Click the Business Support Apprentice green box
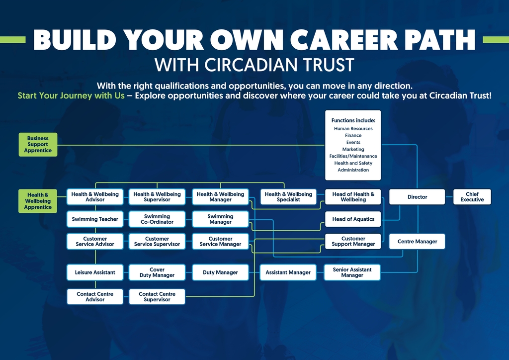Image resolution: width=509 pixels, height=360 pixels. coord(38,145)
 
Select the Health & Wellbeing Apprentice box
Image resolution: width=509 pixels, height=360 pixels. coord(38,201)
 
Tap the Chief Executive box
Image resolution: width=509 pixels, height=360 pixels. coord(472,197)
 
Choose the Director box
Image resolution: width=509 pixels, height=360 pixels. coord(417,197)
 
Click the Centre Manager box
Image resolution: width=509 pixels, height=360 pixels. coord(417,242)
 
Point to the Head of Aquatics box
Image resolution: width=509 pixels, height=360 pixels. coord(353,219)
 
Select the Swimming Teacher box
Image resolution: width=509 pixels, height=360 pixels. coord(95,219)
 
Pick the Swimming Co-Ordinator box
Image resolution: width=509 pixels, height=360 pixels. coord(157,219)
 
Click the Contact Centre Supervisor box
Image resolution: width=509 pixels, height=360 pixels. coord(157,297)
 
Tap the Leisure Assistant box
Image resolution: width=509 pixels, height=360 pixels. coord(95,272)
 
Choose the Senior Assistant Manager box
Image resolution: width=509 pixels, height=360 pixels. coord(352,272)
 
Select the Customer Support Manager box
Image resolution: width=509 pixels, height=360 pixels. coord(353,242)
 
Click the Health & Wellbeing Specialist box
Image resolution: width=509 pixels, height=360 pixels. coord(288,197)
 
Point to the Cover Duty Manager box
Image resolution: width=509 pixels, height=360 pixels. coord(157,272)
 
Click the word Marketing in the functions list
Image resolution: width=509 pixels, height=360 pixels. coord(353,149)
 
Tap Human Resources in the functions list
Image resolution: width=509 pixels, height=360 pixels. coord(353,129)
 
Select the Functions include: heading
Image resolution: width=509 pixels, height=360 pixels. coord(353,120)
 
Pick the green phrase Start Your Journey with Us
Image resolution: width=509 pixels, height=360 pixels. coord(71,95)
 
